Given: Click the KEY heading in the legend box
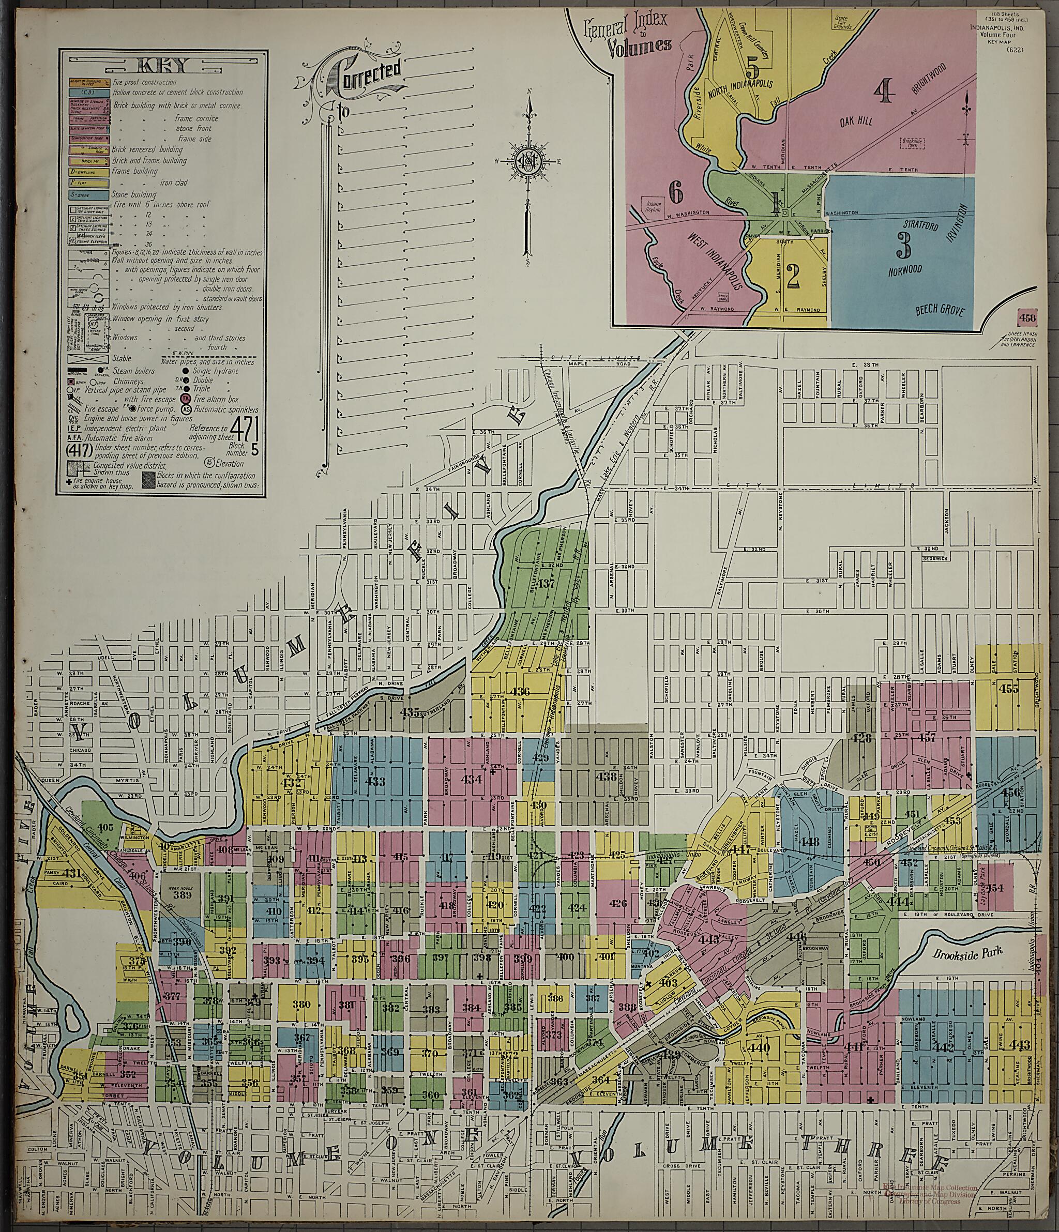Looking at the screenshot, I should (161, 66).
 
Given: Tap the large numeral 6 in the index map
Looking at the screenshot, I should (675, 192).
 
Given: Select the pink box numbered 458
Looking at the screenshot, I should (1027, 317).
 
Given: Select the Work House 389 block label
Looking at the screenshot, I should (183, 878).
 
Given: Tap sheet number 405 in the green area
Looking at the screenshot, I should (105, 827).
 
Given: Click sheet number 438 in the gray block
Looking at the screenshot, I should (607, 777).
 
